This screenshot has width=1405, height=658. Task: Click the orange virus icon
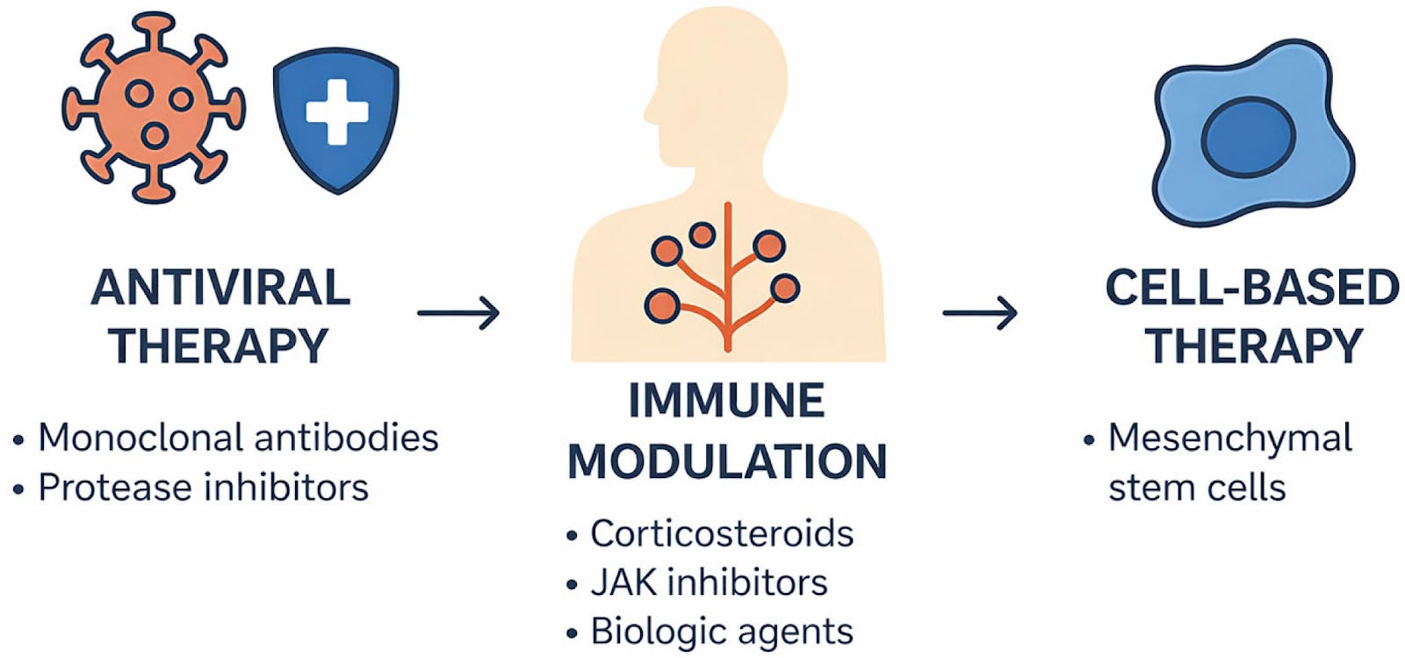pyautogui.click(x=154, y=108)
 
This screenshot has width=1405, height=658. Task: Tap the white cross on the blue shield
pyautogui.click(x=336, y=111)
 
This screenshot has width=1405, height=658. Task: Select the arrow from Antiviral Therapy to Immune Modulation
pyautogui.click(x=458, y=312)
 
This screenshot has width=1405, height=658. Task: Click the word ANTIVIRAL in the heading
pyautogui.click(x=220, y=288)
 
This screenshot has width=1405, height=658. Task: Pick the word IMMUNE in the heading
pyautogui.click(x=726, y=401)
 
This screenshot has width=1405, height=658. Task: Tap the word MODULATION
pyautogui.click(x=726, y=461)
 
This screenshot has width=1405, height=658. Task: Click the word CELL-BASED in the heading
pyautogui.click(x=1251, y=288)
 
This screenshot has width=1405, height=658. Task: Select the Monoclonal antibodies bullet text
pyautogui.click(x=238, y=438)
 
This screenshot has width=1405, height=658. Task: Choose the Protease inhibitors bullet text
pyautogui.click(x=203, y=488)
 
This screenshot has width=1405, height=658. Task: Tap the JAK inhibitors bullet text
pyautogui.click(x=709, y=583)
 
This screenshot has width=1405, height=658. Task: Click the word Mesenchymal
pyautogui.click(x=1229, y=438)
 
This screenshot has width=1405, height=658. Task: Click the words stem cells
pyautogui.click(x=1197, y=488)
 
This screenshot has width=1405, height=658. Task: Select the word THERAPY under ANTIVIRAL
pyautogui.click(x=219, y=346)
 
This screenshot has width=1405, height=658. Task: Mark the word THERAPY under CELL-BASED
pyautogui.click(x=1253, y=346)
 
